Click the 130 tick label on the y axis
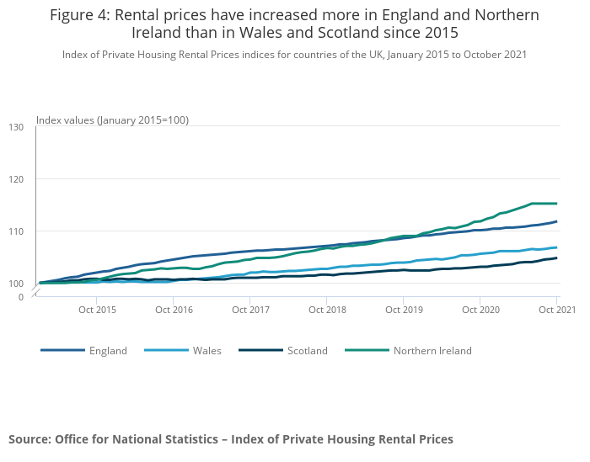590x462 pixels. click(16, 127)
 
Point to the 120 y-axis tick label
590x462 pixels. click(16, 179)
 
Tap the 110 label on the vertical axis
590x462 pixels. click(16, 231)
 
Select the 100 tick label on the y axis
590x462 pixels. click(16, 284)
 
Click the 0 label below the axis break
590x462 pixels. click(21, 297)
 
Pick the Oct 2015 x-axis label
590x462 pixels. click(97, 310)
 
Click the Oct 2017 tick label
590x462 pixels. click(250, 310)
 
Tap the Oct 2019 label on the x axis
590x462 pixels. click(404, 310)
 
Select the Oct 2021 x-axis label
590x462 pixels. click(557, 310)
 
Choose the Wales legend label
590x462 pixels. click(207, 351)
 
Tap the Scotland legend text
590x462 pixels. click(308, 351)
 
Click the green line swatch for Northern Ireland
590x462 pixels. click(367, 350)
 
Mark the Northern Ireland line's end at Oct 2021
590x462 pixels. click(556, 204)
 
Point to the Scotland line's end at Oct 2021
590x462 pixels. click(556, 258)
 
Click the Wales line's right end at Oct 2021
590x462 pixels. click(556, 247)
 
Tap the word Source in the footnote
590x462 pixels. click(29, 439)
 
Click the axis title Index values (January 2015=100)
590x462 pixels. click(112, 120)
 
